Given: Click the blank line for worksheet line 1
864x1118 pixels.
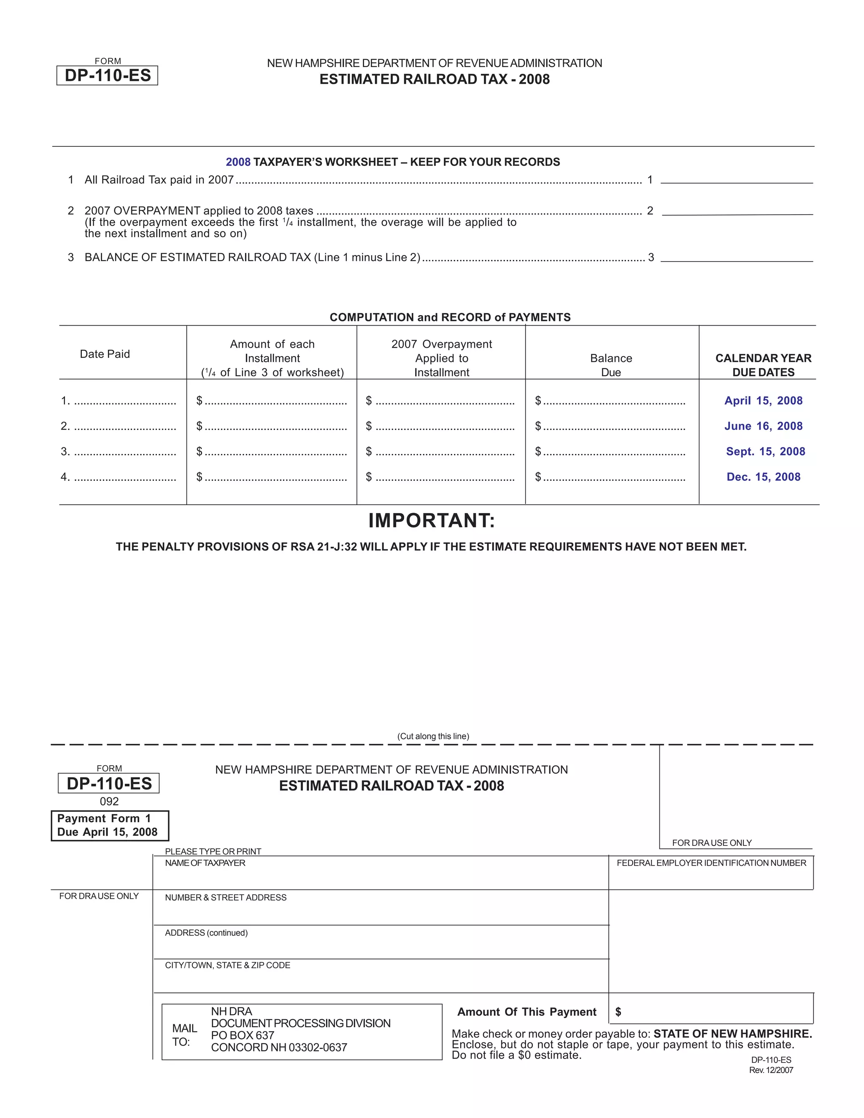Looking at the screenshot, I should [736, 178].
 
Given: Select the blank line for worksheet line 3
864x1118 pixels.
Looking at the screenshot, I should [736, 257].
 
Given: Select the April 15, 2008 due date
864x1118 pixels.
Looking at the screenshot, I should [763, 400].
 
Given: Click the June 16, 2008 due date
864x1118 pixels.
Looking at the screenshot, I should [763, 426].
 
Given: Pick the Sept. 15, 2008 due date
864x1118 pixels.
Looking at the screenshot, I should [765, 451].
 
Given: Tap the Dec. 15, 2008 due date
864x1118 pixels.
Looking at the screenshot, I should [763, 477].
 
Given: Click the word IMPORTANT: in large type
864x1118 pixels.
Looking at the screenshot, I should [432, 520].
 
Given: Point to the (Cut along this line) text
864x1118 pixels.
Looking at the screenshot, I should [433, 736].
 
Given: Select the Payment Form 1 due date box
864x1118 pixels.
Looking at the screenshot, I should [110, 825].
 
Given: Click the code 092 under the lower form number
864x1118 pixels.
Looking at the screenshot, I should [109, 801].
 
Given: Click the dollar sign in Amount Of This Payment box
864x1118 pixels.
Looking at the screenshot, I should [618, 1012].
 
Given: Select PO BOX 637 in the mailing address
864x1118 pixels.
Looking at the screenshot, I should [243, 1035].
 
